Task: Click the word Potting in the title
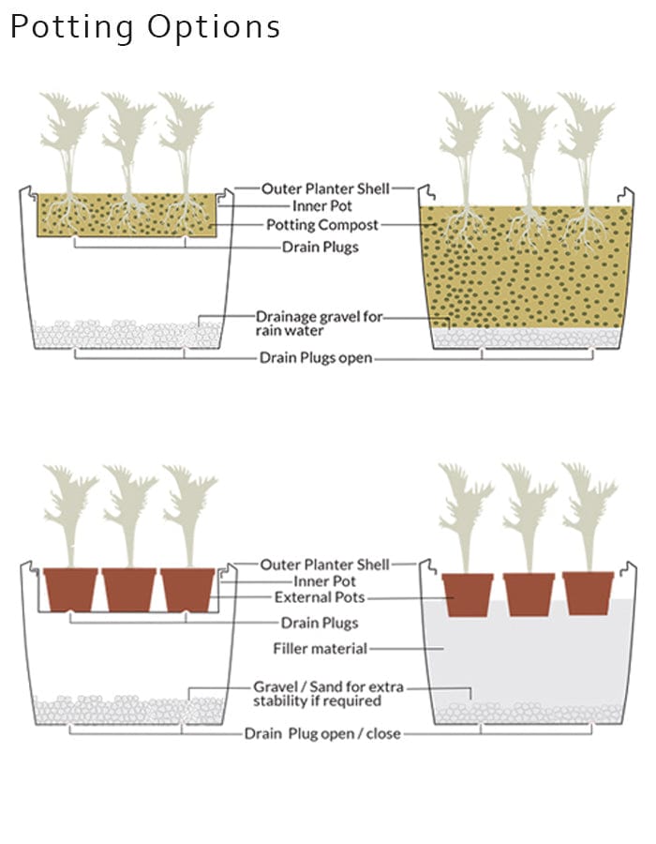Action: pos(72,27)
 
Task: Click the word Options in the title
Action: pos(214,27)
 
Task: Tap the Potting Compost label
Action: pos(322,224)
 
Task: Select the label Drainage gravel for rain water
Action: pos(320,323)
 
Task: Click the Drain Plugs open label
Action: pos(316,357)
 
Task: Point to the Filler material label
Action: pos(320,648)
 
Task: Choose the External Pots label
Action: pos(320,597)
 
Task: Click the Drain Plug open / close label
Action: pos(322,733)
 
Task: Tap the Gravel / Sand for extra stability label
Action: pos(328,694)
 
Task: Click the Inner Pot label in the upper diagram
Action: pos(322,205)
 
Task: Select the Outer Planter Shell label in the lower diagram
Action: pos(325,565)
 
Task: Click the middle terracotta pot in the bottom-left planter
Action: pos(129,590)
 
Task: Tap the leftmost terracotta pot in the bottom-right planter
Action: pos(468,595)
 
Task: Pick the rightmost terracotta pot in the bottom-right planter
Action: pos(589,594)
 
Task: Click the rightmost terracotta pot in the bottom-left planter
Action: pos(187,590)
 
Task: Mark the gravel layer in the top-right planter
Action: pos(527,338)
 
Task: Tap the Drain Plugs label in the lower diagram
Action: pos(320,623)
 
